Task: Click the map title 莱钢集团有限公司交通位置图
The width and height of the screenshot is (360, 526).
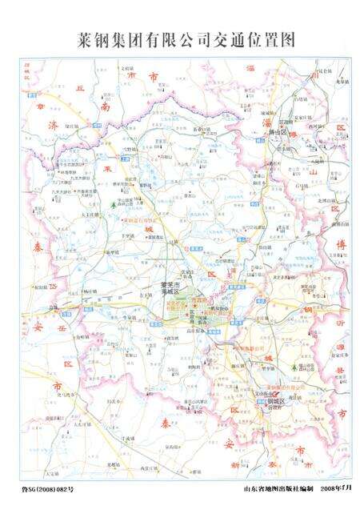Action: tap(180, 38)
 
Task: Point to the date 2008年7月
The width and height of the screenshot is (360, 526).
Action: tap(335, 488)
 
